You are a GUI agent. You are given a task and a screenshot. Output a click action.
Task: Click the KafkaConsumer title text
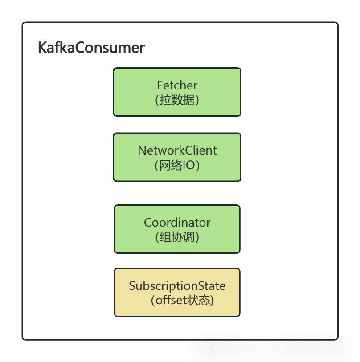[x=91, y=48]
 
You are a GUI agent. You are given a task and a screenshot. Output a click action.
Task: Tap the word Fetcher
[x=177, y=85]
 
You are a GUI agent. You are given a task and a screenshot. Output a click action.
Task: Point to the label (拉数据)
[x=177, y=100]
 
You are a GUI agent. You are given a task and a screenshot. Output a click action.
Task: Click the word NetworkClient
[x=177, y=150]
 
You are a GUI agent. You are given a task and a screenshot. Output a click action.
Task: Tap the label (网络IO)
[x=177, y=166]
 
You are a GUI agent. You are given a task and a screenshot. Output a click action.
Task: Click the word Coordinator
[x=177, y=222]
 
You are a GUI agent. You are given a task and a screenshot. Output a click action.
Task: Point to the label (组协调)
[x=177, y=237]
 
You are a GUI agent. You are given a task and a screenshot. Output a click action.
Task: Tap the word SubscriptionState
[x=177, y=285]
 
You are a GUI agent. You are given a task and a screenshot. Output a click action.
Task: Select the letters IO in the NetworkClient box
[x=188, y=166]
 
